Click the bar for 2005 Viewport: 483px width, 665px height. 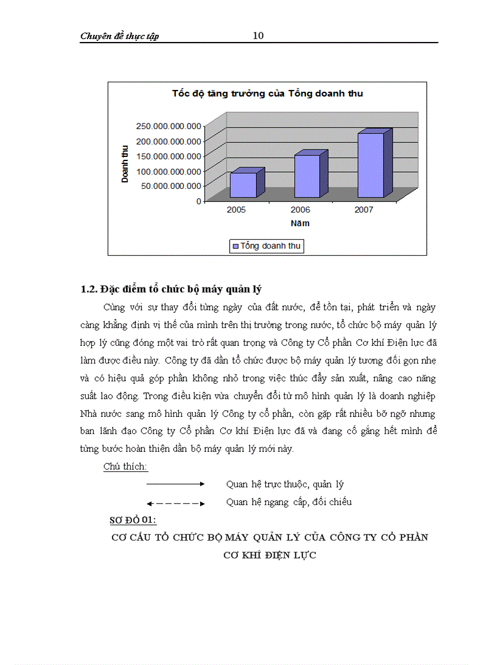(x=243, y=185)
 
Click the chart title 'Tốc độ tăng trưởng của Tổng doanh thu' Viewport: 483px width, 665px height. (x=268, y=94)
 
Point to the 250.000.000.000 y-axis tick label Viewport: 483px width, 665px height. (x=168, y=126)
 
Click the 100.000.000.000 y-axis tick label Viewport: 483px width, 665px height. (x=168, y=171)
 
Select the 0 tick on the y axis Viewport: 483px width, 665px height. (x=198, y=201)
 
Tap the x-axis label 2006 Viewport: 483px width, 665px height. (x=300, y=210)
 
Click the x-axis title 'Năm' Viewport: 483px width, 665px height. (x=300, y=224)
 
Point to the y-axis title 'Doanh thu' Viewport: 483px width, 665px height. (x=125, y=164)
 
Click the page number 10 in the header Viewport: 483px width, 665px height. (x=258, y=36)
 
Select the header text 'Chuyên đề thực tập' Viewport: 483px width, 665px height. (x=120, y=37)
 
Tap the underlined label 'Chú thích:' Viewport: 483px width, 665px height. (x=125, y=466)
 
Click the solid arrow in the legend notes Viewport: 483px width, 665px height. (x=175, y=484)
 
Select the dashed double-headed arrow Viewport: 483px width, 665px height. (x=175, y=503)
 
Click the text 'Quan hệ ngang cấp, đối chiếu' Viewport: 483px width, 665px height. (x=289, y=502)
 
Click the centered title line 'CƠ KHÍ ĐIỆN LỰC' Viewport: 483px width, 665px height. (x=270, y=555)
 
